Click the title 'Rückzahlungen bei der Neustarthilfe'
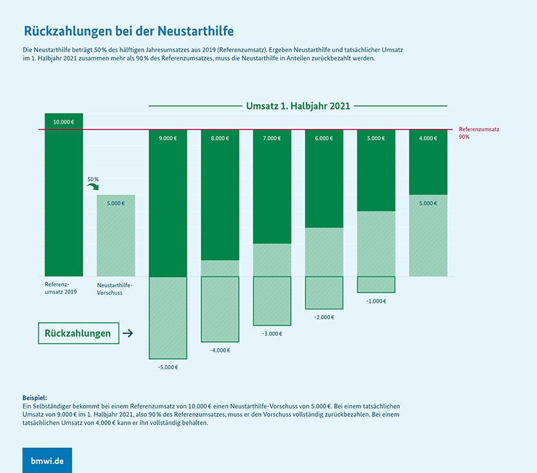[x=129, y=30]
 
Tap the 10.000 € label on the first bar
[x=63, y=121]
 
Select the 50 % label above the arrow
[x=93, y=179]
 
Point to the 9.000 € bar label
[x=168, y=138]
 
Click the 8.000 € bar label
[x=220, y=138]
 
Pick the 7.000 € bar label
[x=272, y=138]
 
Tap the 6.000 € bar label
[x=324, y=138]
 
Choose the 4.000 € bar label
[x=428, y=138]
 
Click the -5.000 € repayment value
[x=167, y=367]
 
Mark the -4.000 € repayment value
[x=220, y=351]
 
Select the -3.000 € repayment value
[x=272, y=334]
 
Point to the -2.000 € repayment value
[x=324, y=317]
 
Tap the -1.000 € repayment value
[x=375, y=301]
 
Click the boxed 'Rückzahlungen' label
[x=78, y=333]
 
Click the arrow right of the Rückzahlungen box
[x=127, y=333]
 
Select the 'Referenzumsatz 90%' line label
[x=478, y=133]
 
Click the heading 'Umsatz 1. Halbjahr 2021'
[x=298, y=106]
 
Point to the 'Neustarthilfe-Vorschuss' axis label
[x=114, y=288]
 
